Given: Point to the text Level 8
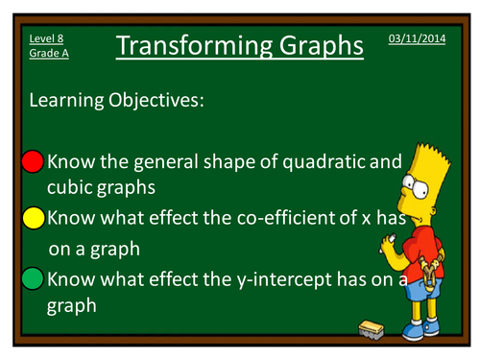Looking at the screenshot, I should [48, 37].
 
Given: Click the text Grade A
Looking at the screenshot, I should [49, 53].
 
